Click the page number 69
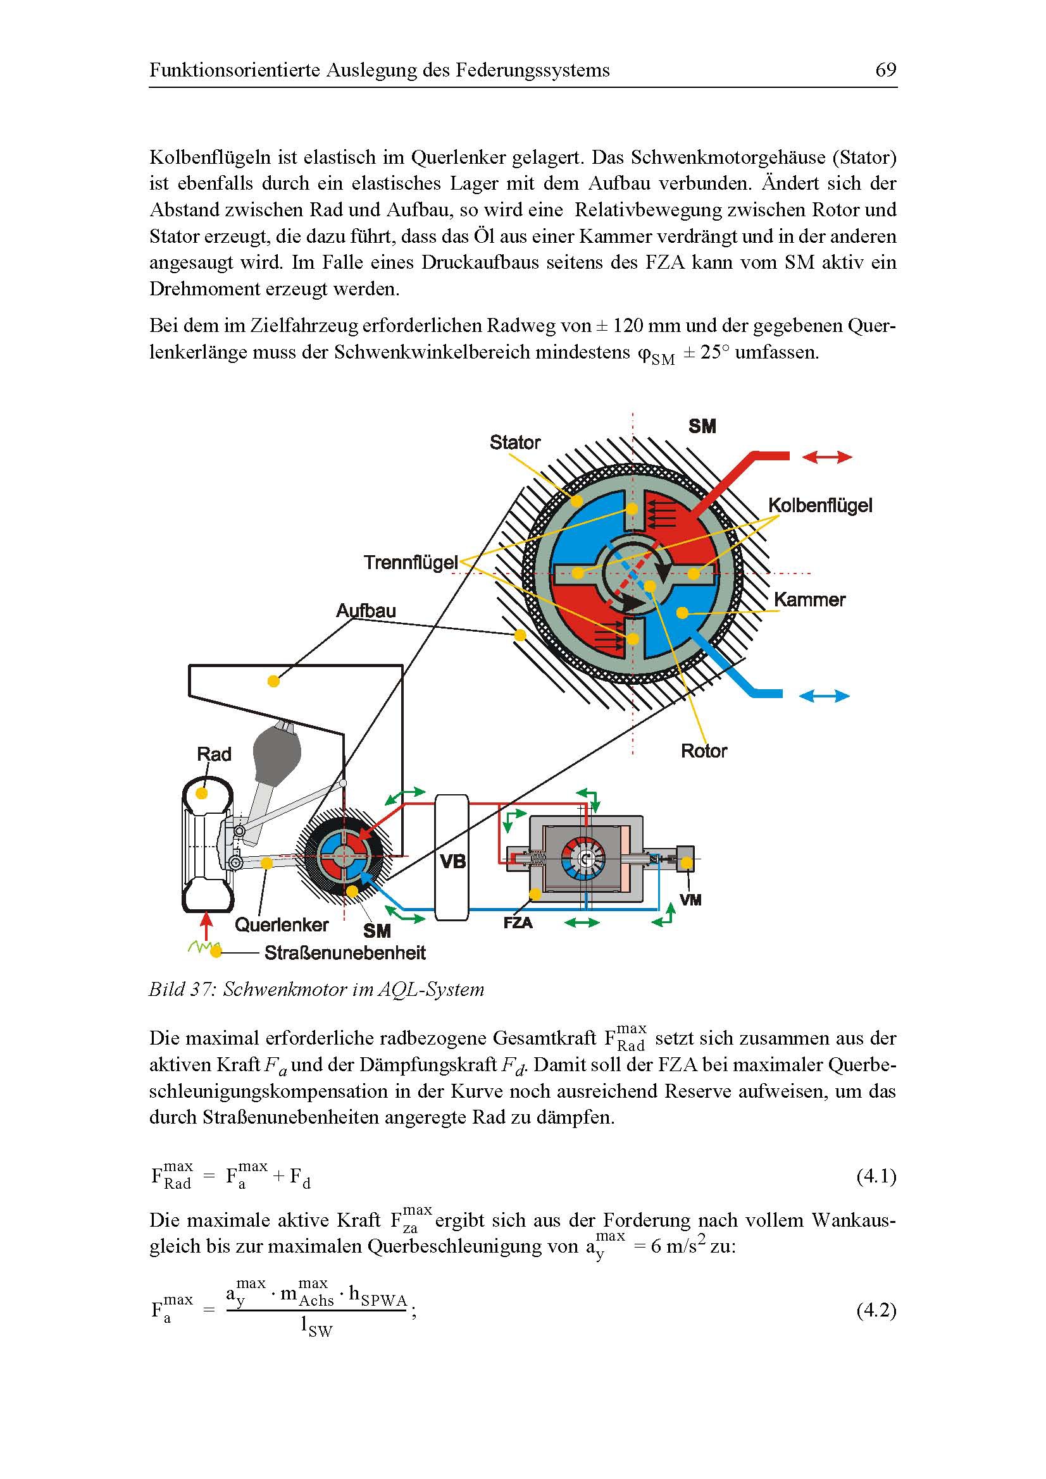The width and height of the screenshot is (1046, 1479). [885, 70]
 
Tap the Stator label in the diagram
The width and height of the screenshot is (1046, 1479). [514, 443]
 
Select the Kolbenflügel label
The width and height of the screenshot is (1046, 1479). [820, 505]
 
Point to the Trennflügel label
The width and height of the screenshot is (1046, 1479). [411, 562]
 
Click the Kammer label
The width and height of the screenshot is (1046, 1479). [809, 599]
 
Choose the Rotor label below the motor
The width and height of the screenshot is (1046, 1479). [704, 751]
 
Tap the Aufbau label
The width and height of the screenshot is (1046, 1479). [365, 611]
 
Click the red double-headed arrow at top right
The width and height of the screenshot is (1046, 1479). [827, 457]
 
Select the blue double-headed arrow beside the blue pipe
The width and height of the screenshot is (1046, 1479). [825, 696]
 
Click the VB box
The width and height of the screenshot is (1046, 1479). [452, 861]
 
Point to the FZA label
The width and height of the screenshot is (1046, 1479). [518, 923]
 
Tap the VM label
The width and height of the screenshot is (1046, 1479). [690, 900]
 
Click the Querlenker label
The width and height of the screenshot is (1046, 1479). [282, 925]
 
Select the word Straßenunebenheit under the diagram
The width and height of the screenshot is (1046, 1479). [345, 953]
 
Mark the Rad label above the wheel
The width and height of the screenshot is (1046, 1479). [214, 754]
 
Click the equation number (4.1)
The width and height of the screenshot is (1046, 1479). [876, 1177]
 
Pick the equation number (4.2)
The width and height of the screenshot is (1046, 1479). [876, 1310]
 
